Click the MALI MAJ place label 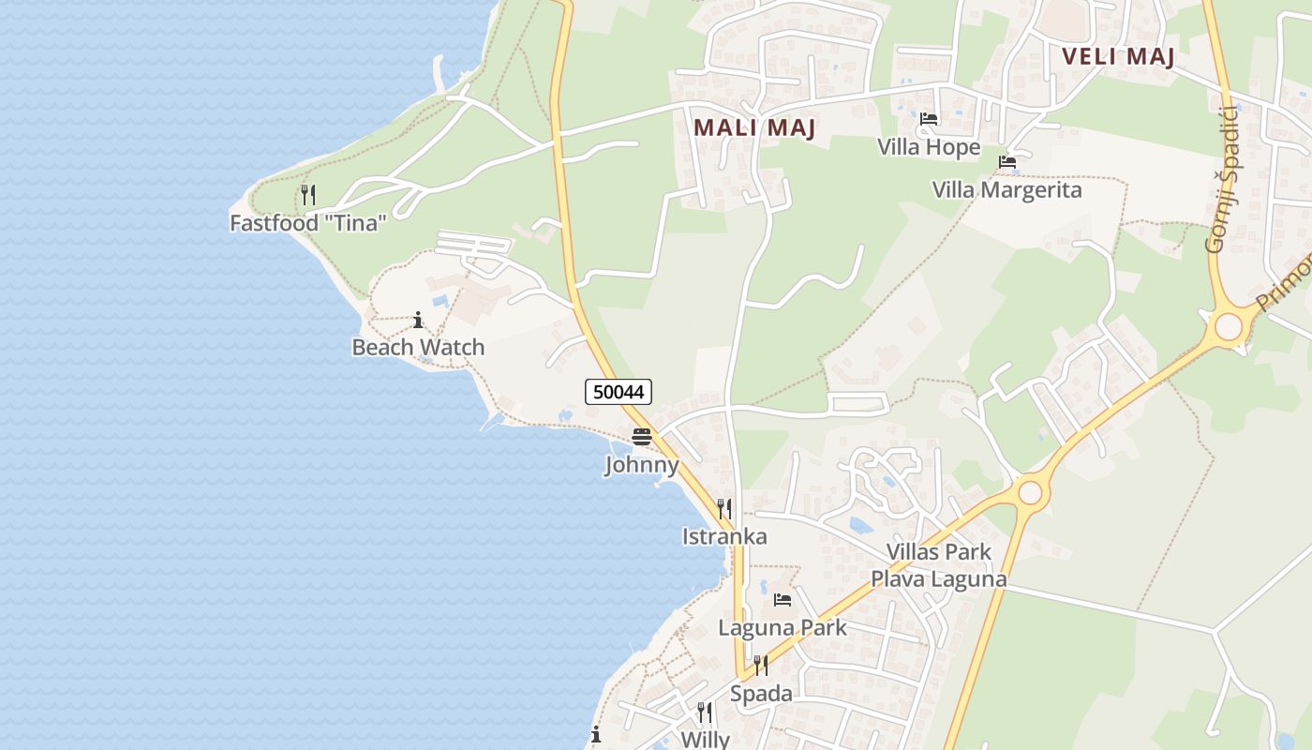(754, 127)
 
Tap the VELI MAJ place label (1118, 56)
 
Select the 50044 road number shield (619, 392)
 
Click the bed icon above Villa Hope (929, 119)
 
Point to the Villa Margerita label (1006, 190)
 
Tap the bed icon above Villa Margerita (1007, 162)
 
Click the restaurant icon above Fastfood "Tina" (307, 195)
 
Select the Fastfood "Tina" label (308, 223)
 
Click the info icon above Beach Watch (418, 321)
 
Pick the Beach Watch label (418, 347)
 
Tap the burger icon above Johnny (642, 437)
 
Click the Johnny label (642, 465)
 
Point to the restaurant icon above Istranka (724, 509)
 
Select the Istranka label (724, 537)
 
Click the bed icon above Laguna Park (783, 600)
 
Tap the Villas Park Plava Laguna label (939, 565)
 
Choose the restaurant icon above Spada (761, 666)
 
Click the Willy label (705, 739)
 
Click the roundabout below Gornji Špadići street (1228, 327)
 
